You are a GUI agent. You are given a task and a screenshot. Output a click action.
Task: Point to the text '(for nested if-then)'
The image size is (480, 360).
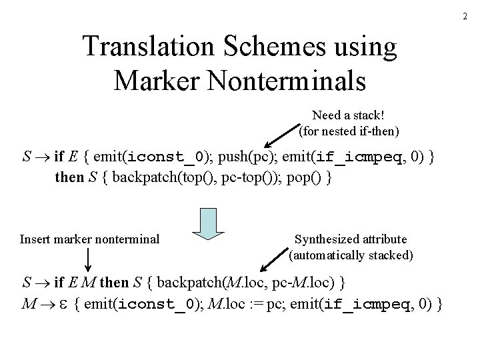(x=349, y=131)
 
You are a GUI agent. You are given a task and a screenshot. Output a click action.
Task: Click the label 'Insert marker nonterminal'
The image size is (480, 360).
(x=90, y=238)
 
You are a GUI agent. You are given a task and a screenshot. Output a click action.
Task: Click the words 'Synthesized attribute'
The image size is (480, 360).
(x=351, y=239)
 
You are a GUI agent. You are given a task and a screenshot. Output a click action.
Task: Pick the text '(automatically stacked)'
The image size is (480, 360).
(x=351, y=255)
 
